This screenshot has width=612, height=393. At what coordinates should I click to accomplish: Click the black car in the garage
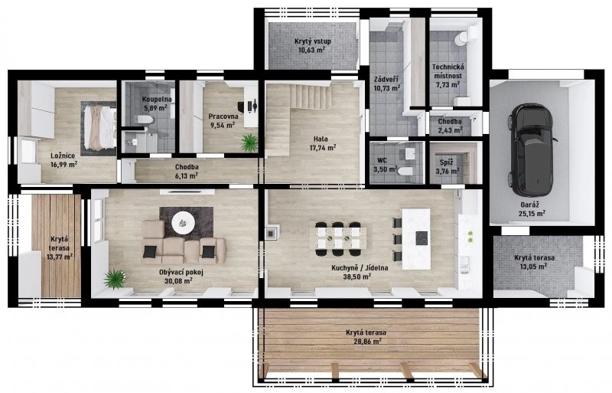(x=532, y=150)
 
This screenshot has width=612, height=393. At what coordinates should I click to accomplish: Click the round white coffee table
(x=183, y=223)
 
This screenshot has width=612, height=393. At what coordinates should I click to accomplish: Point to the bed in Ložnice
(x=100, y=128)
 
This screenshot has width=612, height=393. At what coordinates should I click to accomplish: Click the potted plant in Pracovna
(x=249, y=142)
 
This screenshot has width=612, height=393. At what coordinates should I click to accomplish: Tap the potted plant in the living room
(x=115, y=279)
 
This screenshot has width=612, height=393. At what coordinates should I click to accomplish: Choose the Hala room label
(x=321, y=139)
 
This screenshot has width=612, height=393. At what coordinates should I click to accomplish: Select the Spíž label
(x=446, y=162)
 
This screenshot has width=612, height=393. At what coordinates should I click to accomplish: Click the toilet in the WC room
(x=405, y=171)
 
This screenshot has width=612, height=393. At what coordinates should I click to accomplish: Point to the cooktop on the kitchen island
(x=422, y=238)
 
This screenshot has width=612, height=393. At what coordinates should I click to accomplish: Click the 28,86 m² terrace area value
(x=366, y=342)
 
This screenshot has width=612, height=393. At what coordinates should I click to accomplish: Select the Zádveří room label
(x=386, y=80)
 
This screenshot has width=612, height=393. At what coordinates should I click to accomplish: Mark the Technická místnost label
(x=448, y=71)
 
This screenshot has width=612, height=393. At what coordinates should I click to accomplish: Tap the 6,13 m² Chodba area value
(x=186, y=176)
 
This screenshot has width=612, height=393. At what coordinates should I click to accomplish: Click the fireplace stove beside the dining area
(x=272, y=232)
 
